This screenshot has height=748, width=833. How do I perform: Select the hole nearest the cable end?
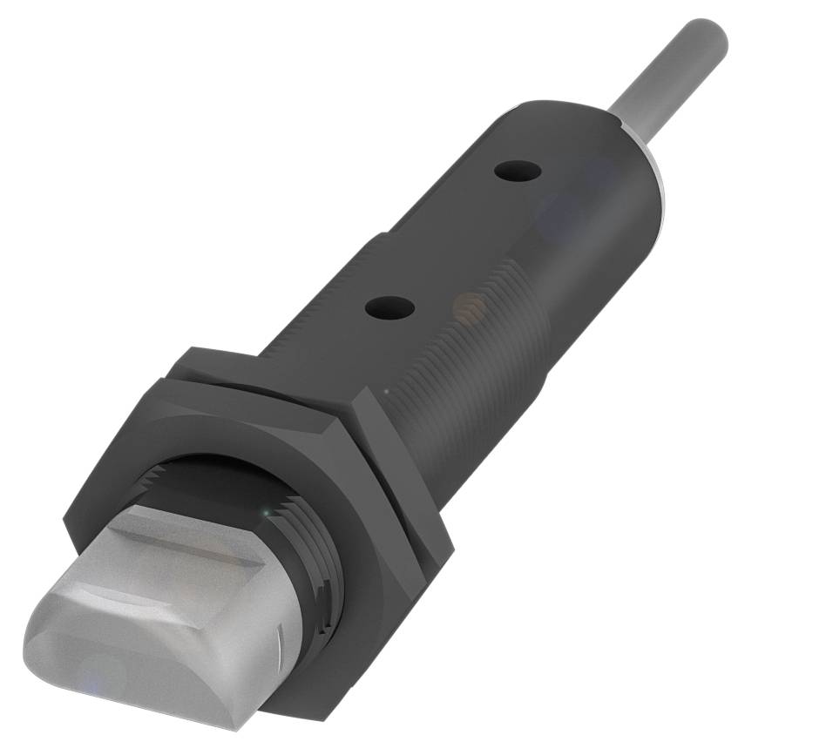[x=517, y=171]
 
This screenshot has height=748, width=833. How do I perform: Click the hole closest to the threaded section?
[x=389, y=307]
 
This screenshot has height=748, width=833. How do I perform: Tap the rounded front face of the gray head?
[x=131, y=662]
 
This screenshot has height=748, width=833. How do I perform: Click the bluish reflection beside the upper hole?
[x=558, y=209]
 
